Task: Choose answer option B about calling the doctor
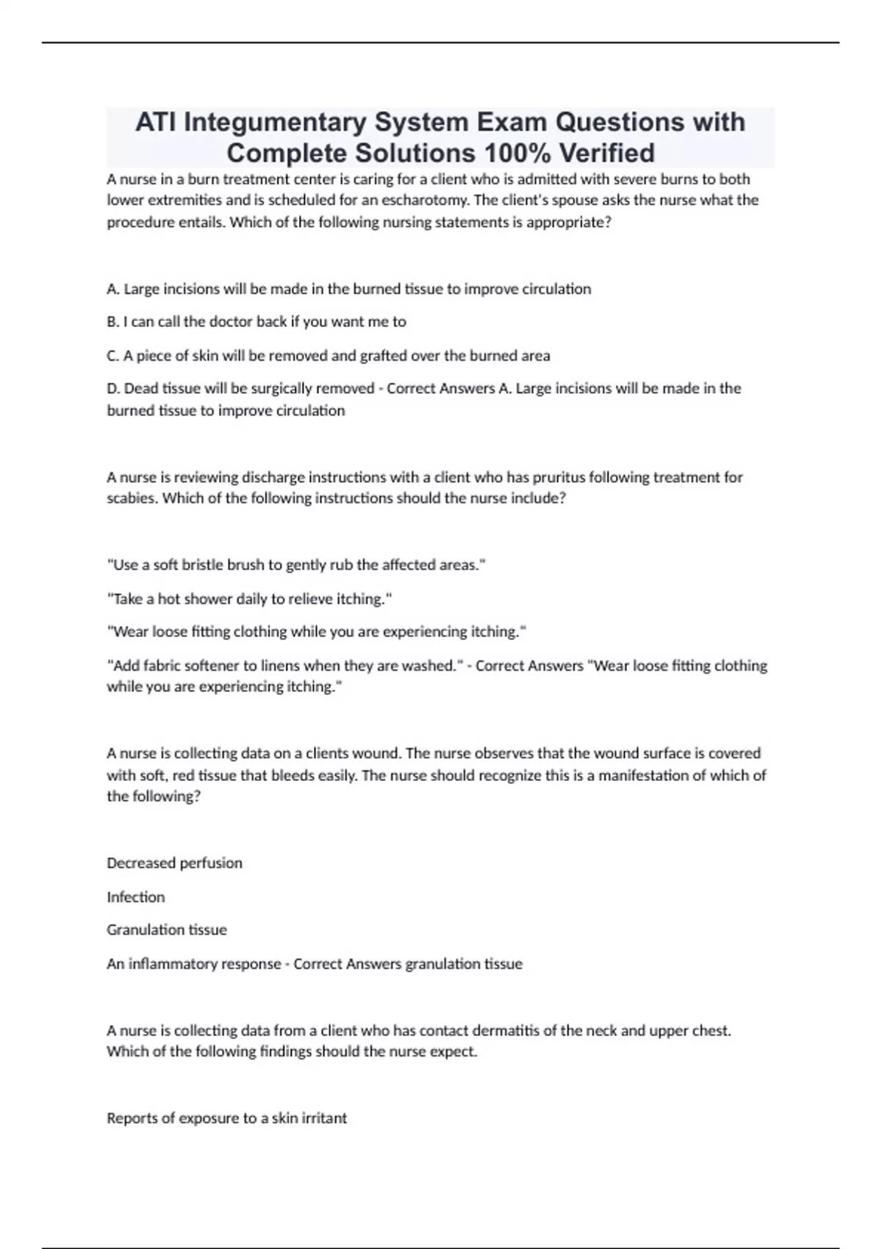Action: coord(257,322)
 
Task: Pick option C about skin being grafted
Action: coord(329,356)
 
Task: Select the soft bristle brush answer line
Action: coord(296,565)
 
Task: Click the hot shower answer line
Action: coord(249,599)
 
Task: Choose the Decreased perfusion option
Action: coord(174,863)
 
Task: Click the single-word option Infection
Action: coord(136,897)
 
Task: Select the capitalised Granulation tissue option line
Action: coord(167,930)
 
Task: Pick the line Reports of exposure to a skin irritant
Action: coord(226,1118)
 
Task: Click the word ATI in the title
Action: coord(155,122)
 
